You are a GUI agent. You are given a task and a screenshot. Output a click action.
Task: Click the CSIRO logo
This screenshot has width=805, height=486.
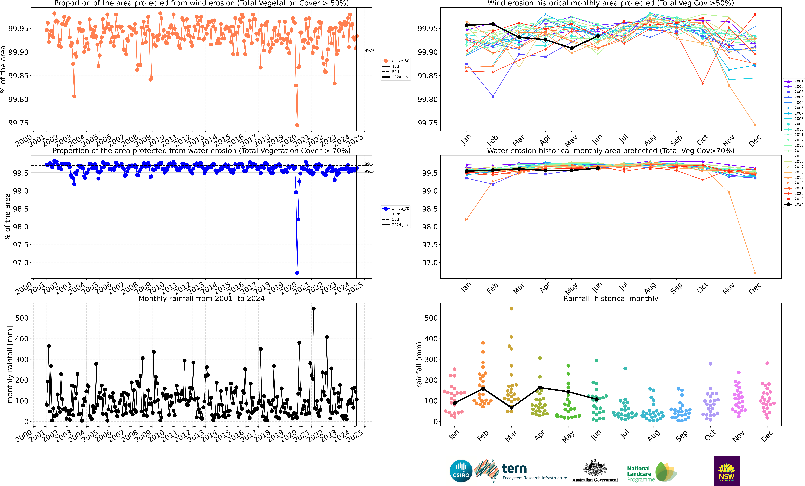[x=461, y=471]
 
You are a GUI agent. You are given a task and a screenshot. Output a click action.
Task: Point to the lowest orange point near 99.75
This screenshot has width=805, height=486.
[x=297, y=125]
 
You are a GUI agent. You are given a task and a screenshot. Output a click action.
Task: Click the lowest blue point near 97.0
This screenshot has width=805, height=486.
[x=297, y=273]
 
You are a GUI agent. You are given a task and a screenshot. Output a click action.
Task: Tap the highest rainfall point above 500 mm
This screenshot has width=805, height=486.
[x=314, y=309]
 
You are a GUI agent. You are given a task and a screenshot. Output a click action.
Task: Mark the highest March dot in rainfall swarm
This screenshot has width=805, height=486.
[x=511, y=309]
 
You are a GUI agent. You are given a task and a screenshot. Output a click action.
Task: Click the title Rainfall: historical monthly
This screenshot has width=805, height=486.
[x=611, y=298]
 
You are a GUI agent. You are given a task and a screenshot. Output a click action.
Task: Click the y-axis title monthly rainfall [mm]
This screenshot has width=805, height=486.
[x=10, y=364]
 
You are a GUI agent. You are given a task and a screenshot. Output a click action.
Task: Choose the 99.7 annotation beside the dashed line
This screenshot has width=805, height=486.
[x=369, y=164]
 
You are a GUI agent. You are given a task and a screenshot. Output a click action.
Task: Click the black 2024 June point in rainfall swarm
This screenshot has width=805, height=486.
[x=597, y=399]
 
